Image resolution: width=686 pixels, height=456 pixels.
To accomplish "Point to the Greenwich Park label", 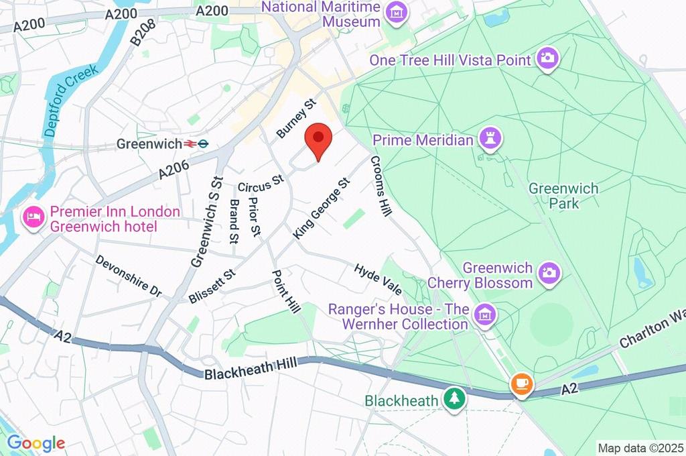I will point(563,195).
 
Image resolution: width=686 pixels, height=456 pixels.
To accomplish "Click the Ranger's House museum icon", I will point(483,313).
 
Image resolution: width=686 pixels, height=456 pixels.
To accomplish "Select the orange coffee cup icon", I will point(521,384).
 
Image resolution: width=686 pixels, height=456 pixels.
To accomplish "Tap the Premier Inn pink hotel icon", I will point(33,217).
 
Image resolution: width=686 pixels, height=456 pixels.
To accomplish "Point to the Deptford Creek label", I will point(71,101).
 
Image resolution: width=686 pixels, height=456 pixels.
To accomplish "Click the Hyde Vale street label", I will point(378,279).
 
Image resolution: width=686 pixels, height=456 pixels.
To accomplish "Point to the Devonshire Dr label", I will point(128,276).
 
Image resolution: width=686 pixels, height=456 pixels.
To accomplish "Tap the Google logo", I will point(36,443).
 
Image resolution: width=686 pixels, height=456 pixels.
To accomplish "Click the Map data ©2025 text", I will point(640,448).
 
